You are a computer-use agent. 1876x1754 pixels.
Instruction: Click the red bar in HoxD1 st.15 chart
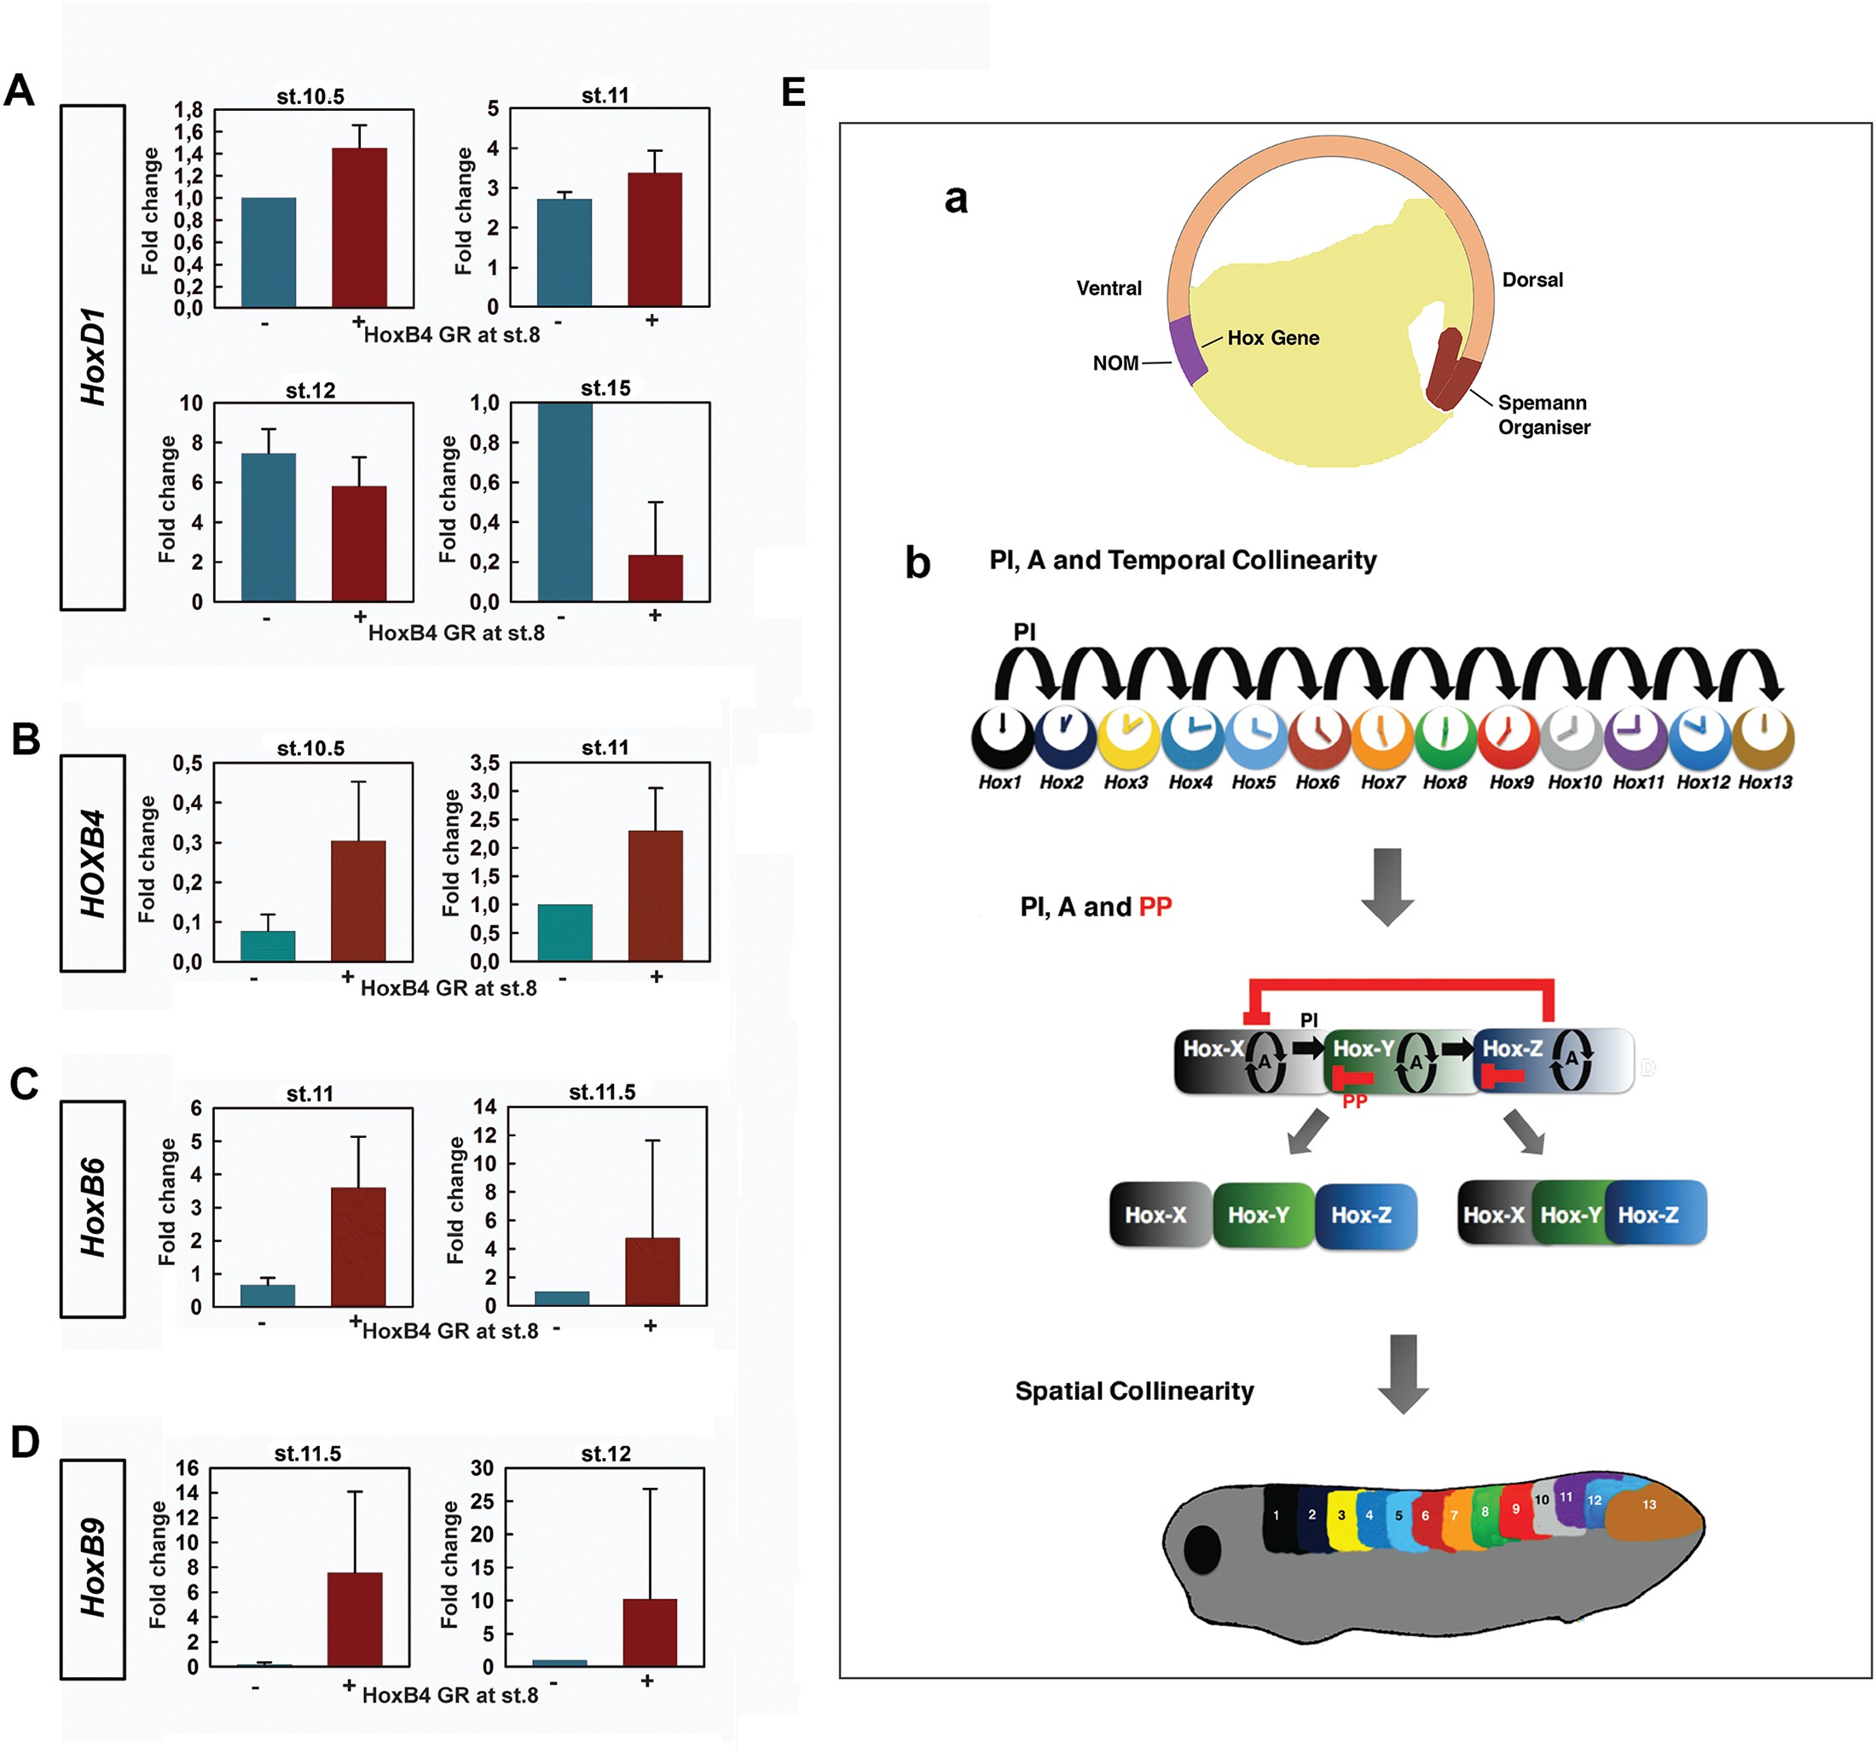tap(655, 578)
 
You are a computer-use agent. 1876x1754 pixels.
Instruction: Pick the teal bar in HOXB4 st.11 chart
tap(565, 932)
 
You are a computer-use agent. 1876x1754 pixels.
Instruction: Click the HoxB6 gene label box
tap(92, 1208)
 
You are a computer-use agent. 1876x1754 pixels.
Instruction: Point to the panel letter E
tap(794, 92)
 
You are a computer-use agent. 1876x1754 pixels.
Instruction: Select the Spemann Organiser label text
tap(1543, 415)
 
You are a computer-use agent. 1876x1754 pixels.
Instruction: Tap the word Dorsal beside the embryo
tap(1531, 280)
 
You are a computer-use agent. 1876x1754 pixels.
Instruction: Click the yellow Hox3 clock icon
tap(1127, 736)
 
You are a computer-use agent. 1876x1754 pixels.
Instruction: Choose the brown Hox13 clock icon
tap(1763, 736)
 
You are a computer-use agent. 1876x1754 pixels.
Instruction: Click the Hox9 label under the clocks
tap(1511, 781)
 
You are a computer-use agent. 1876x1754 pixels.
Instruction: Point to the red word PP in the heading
tap(1155, 907)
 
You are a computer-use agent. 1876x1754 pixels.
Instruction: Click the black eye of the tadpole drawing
tap(1202, 1549)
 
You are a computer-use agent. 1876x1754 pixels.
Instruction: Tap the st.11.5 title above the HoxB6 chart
tap(602, 1092)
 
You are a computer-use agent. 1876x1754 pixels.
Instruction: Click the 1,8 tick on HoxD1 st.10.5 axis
tap(188, 110)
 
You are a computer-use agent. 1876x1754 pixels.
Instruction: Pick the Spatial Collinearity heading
tap(1134, 1391)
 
